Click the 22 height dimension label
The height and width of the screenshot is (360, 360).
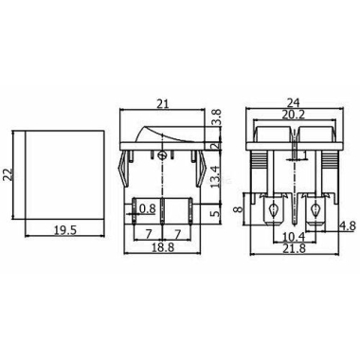point(9,174)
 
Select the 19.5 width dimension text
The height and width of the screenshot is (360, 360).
point(65,230)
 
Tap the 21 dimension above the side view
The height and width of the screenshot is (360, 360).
point(163,104)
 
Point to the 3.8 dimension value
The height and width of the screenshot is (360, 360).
point(217,117)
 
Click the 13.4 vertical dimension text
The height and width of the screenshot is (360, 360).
point(216,177)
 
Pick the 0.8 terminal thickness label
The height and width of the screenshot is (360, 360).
point(147,208)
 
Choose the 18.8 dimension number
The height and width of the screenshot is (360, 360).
point(163,247)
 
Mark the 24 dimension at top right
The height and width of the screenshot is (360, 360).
point(294,103)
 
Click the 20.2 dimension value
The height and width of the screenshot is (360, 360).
point(294,115)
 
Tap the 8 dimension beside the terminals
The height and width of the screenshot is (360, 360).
point(239,208)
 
